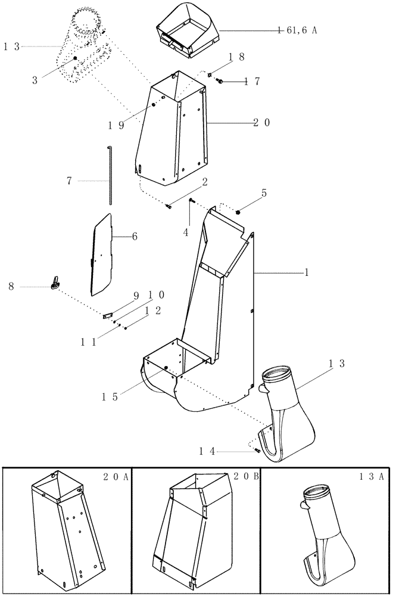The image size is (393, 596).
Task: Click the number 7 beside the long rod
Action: coord(70,181)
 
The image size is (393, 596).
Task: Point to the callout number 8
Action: coord(11,287)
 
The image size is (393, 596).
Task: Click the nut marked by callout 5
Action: coord(238,212)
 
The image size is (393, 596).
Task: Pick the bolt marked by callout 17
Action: coord(220,82)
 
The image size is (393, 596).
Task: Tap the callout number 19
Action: coord(116,125)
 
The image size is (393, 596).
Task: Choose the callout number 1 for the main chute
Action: coord(306,272)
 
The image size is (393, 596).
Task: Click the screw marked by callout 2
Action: coord(169,206)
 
